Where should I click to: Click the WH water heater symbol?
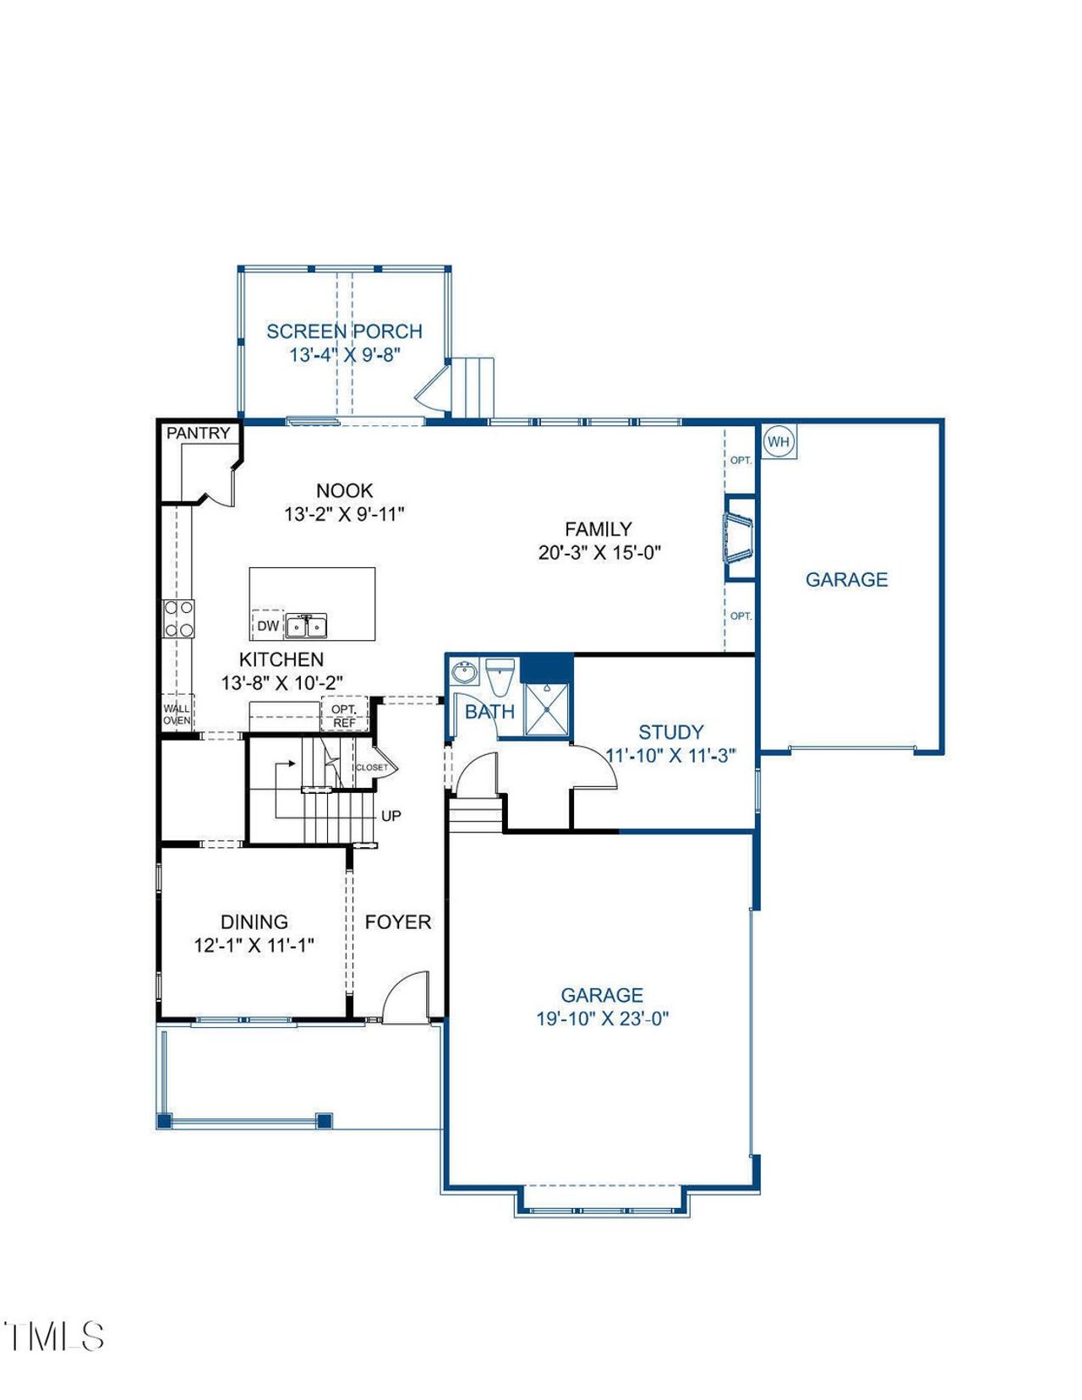(x=779, y=442)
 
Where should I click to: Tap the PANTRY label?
(x=198, y=433)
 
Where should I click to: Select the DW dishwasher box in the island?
(x=267, y=626)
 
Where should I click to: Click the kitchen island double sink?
(x=306, y=626)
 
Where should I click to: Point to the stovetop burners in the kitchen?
(x=178, y=618)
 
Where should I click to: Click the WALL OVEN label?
(x=177, y=714)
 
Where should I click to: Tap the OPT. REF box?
(x=344, y=716)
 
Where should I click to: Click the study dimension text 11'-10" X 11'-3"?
(x=671, y=756)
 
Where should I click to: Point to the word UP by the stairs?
(x=391, y=816)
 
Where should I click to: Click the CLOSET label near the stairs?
(x=372, y=768)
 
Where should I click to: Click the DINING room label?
(x=254, y=921)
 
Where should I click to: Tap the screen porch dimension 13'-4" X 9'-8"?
(x=344, y=355)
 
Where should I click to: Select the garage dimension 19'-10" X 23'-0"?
(x=602, y=1019)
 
